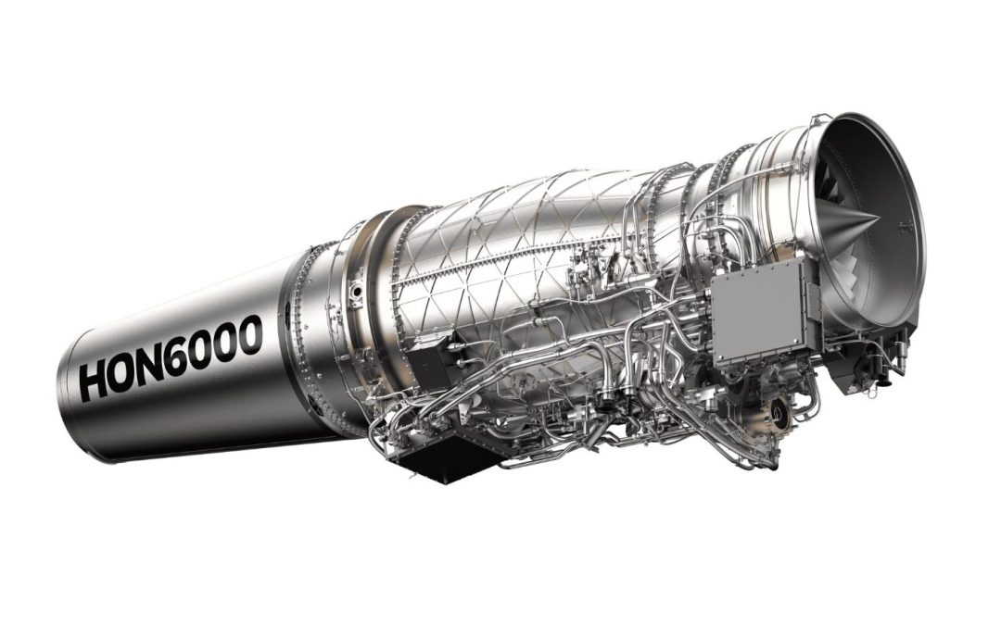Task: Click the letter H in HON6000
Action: tap(96, 381)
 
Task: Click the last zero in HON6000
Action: tap(270, 331)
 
